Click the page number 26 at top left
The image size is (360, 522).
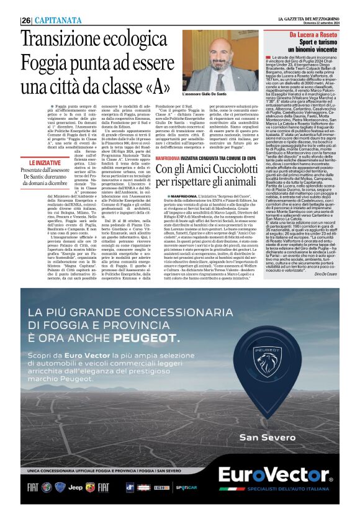(x=25, y=20)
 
